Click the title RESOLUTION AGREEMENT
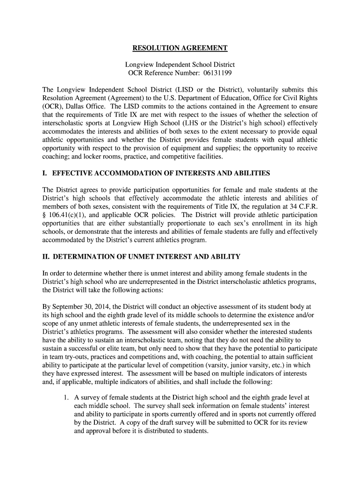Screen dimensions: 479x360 tap(180, 48)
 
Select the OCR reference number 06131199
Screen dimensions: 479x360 tap(216, 73)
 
